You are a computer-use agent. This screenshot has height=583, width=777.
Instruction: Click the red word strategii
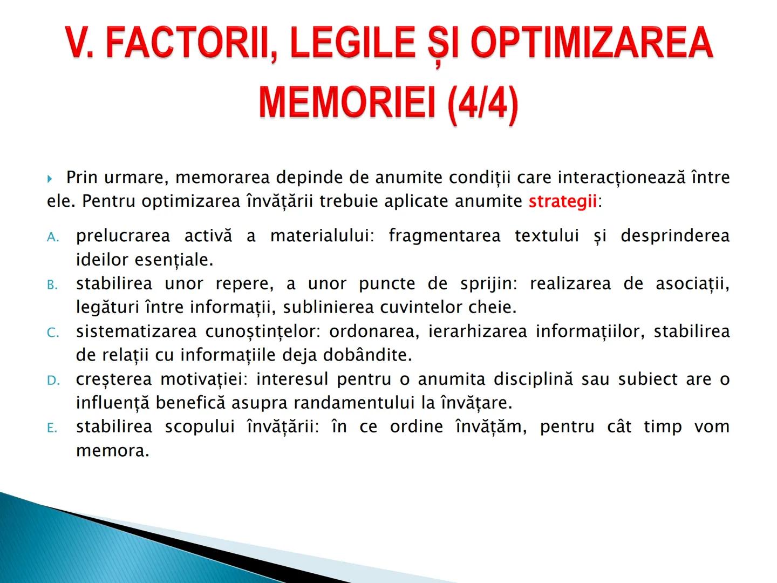(562, 201)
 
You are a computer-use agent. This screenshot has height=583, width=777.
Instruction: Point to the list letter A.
(52, 237)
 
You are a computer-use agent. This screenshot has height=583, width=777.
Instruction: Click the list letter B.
(52, 285)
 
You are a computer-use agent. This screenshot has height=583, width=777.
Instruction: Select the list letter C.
(52, 333)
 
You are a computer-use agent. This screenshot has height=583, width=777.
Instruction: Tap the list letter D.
(53, 381)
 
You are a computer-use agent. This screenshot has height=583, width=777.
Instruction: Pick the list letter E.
(52, 428)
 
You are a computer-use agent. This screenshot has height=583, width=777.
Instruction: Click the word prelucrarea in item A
(123, 236)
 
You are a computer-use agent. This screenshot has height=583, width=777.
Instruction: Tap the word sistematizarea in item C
(136, 331)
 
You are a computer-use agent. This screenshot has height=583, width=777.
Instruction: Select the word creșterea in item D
(114, 379)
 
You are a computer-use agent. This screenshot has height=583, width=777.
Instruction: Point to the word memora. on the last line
(112, 450)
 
